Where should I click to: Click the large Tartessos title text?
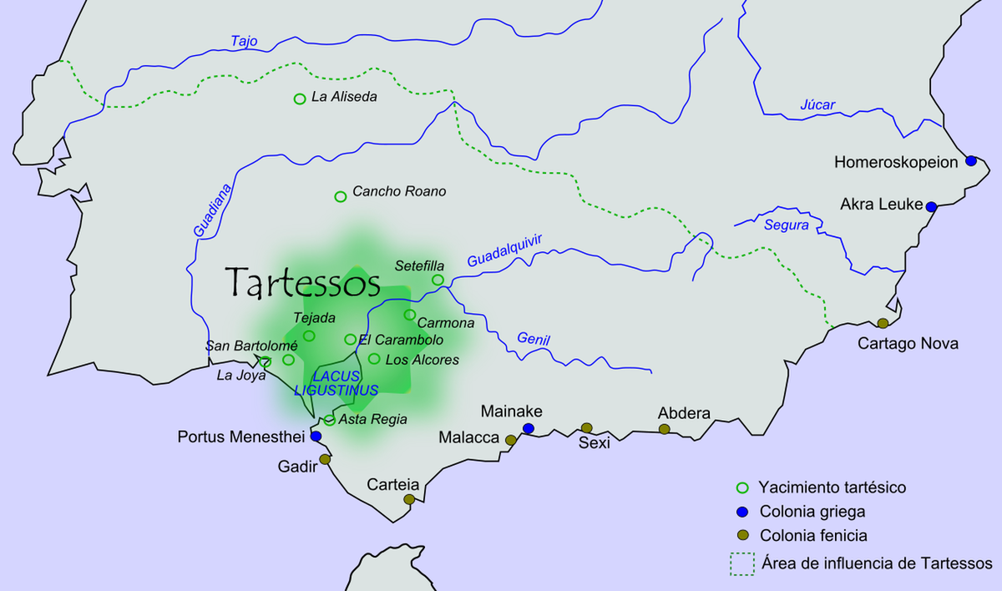[x=303, y=283]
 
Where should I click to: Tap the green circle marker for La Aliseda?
[x=300, y=98]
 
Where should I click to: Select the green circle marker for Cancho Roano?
[x=340, y=196]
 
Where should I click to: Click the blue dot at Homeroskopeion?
[x=971, y=160]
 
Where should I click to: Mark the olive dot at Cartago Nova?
[x=883, y=323]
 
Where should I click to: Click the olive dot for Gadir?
[x=325, y=459]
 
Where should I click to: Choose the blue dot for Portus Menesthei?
[x=316, y=436]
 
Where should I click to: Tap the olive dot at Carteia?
[x=409, y=499]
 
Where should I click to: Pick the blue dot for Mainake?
[x=528, y=428]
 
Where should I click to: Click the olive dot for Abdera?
[x=664, y=429]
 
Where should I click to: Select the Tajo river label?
[x=245, y=40]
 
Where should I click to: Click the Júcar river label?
[x=817, y=104]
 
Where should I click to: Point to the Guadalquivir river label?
[x=504, y=250]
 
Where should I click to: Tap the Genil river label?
[x=534, y=339]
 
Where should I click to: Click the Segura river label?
[x=786, y=225]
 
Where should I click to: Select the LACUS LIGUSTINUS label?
[x=337, y=383]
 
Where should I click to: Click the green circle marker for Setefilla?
[x=438, y=280]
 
